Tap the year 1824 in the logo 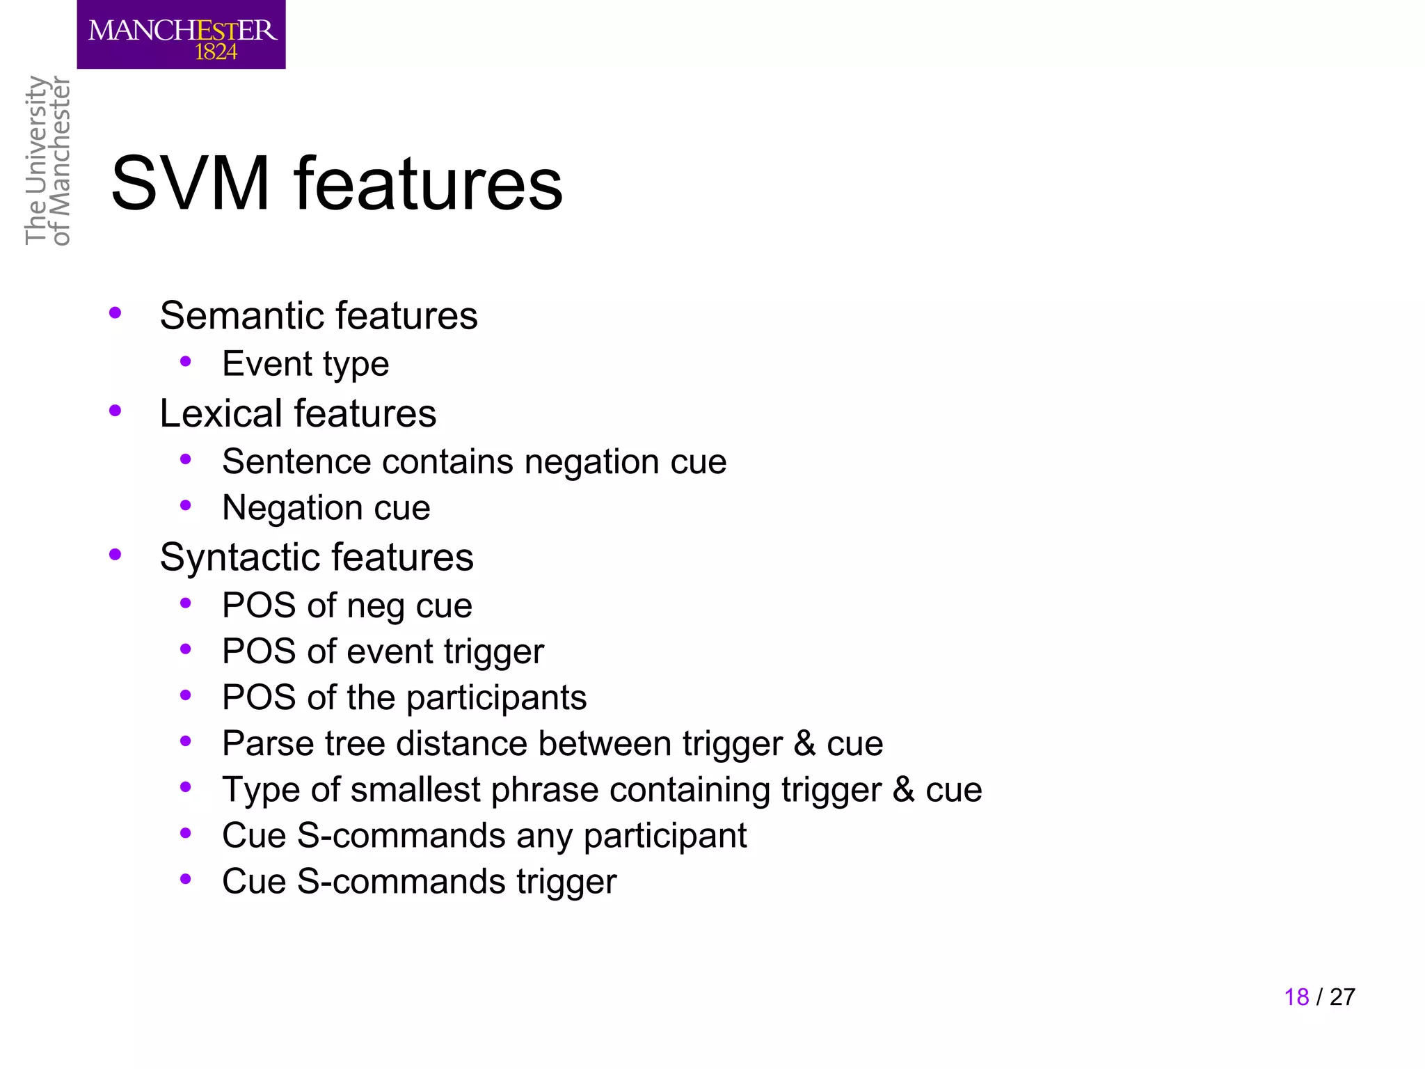(x=216, y=52)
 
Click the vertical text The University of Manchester (x=47, y=160)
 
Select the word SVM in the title (x=190, y=184)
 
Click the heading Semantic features (x=318, y=315)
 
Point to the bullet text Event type (x=305, y=364)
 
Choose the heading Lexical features (x=297, y=413)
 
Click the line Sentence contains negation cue (x=474, y=461)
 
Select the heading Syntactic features (x=316, y=557)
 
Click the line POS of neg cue (x=347, y=605)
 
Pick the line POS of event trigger (x=382, y=651)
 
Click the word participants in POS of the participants (x=496, y=698)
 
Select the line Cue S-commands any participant (x=484, y=836)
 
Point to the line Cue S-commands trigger (x=419, y=882)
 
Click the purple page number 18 (x=1296, y=997)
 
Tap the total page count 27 (x=1342, y=997)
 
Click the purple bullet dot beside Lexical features (x=116, y=411)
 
